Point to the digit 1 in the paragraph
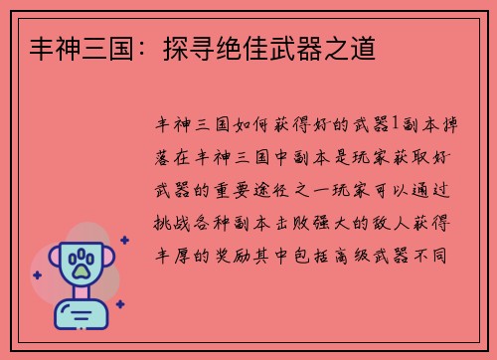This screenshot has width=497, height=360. tap(397, 123)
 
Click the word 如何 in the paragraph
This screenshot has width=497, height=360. tap(251, 124)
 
